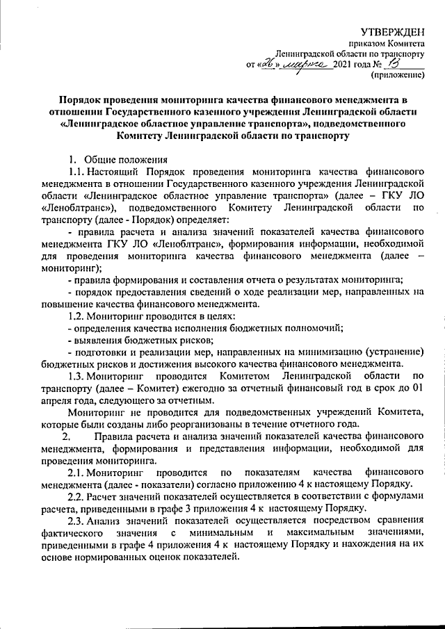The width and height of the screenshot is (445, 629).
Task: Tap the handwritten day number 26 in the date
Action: (266, 64)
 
